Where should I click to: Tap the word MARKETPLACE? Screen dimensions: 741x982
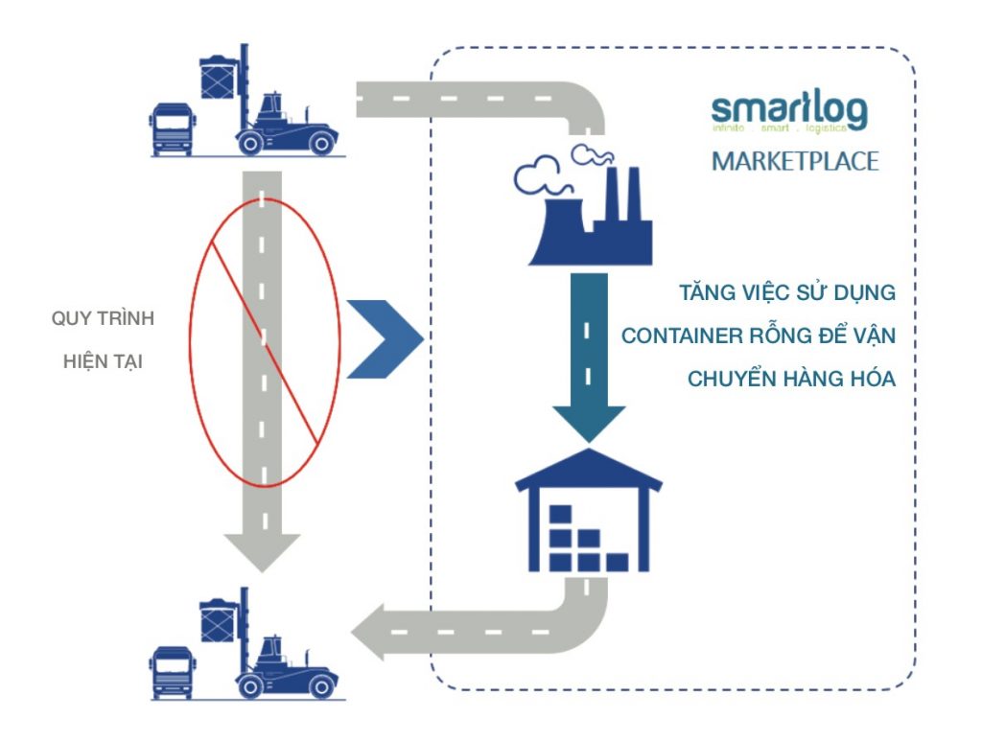click(x=794, y=160)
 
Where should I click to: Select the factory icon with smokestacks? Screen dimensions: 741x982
click(x=589, y=216)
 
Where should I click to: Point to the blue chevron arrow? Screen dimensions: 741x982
click(x=383, y=338)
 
